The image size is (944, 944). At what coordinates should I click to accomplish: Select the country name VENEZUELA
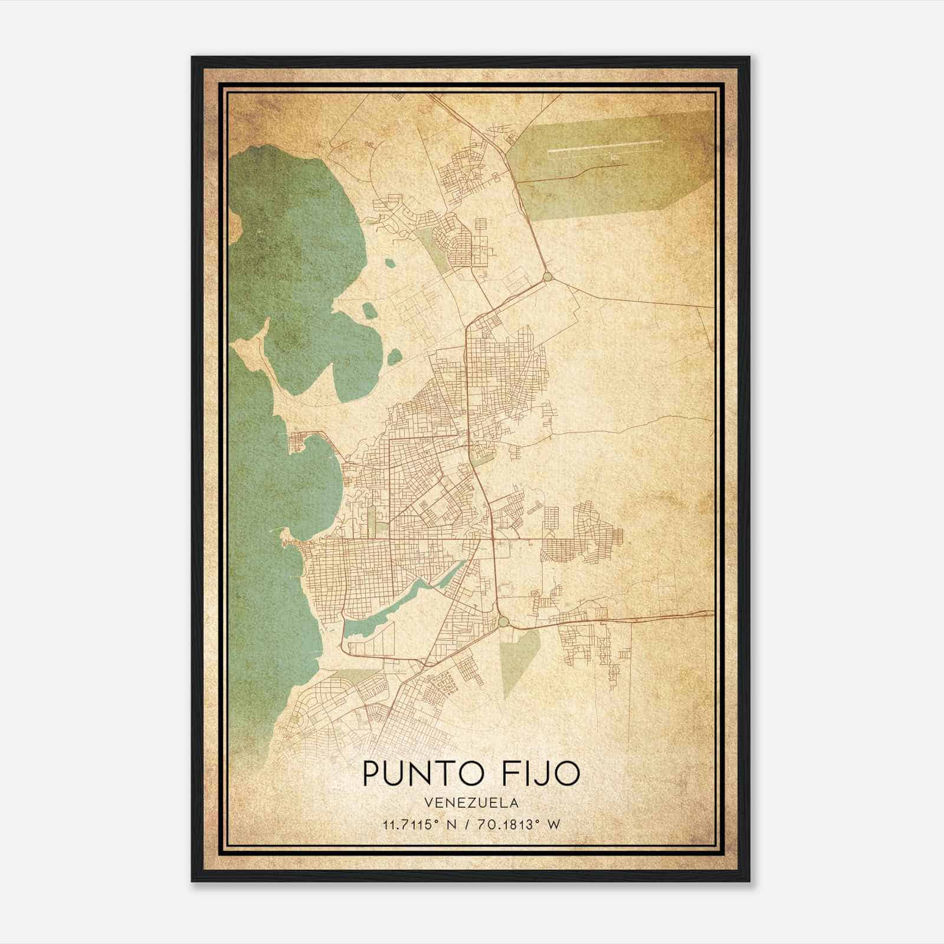[471, 802]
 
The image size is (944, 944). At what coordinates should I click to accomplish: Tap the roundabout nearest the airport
[548, 276]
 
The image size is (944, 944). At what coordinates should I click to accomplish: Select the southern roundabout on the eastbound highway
[503, 622]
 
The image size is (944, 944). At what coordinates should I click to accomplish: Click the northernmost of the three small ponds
[388, 264]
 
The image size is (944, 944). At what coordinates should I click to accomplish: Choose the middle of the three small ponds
[369, 310]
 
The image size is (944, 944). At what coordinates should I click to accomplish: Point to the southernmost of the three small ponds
[394, 356]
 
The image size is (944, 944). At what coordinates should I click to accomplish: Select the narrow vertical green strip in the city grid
[371, 519]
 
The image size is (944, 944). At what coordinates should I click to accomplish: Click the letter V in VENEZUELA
[427, 802]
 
